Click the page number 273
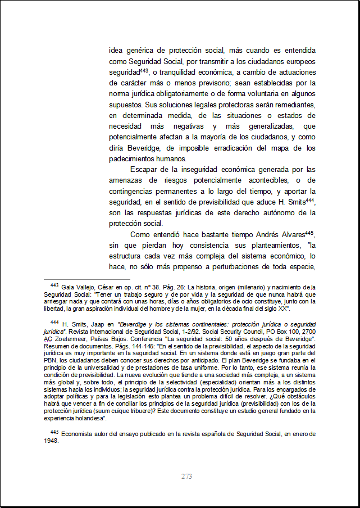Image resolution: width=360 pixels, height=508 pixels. point(187,477)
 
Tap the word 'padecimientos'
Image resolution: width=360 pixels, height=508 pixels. point(133,159)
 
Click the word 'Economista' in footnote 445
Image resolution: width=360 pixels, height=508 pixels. point(78,433)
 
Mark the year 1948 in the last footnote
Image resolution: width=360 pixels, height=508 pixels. point(51,441)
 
